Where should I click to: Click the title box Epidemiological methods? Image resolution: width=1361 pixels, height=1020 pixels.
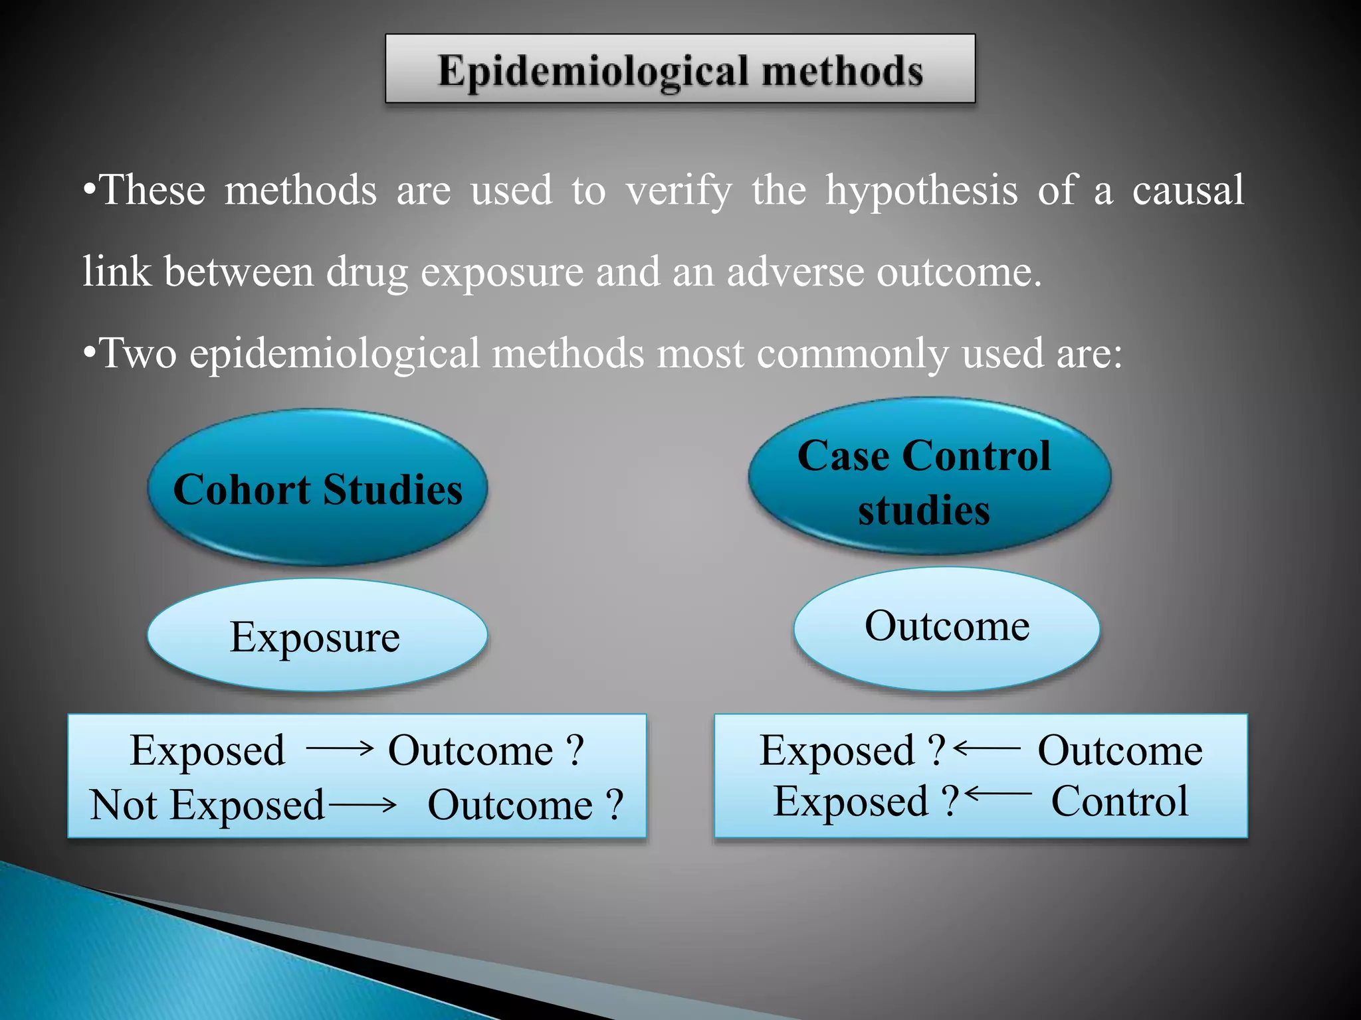click(680, 69)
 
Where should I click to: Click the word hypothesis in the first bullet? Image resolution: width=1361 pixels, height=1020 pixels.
click(921, 191)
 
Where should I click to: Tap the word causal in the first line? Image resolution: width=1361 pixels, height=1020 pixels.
click(1188, 190)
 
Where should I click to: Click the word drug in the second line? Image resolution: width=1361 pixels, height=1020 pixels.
click(366, 273)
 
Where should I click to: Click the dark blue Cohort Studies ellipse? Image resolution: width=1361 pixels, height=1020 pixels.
click(318, 489)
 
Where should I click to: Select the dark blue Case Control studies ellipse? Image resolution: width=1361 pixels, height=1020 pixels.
click(929, 475)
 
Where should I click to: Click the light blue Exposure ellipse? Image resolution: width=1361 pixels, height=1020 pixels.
click(317, 636)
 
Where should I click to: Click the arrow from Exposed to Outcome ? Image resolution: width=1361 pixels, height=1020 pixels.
click(340, 749)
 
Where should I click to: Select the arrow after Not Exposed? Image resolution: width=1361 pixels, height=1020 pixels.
click(363, 806)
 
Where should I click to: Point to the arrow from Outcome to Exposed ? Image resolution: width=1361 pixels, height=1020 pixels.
click(987, 748)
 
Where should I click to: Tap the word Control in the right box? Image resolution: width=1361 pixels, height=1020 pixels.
click(1119, 802)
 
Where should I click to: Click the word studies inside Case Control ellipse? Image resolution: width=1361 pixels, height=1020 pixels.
click(924, 511)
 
